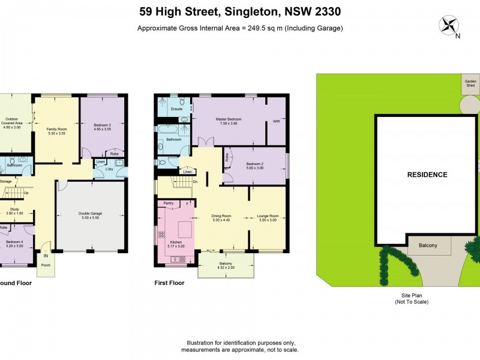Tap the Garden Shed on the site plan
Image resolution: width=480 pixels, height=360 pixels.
[x=470, y=83]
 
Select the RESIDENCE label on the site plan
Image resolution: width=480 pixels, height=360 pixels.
[x=427, y=175]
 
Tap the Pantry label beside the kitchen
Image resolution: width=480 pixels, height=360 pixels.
[x=169, y=203]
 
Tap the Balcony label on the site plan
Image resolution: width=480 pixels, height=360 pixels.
[x=428, y=245]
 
